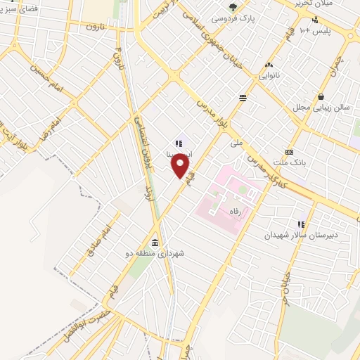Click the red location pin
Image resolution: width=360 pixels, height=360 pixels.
coord(181,166)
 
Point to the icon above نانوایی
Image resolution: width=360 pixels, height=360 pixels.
coord(269,64)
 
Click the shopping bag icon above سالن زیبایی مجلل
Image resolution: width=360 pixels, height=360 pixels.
coord(321,97)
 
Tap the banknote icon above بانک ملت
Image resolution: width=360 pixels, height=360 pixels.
coord(289,153)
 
